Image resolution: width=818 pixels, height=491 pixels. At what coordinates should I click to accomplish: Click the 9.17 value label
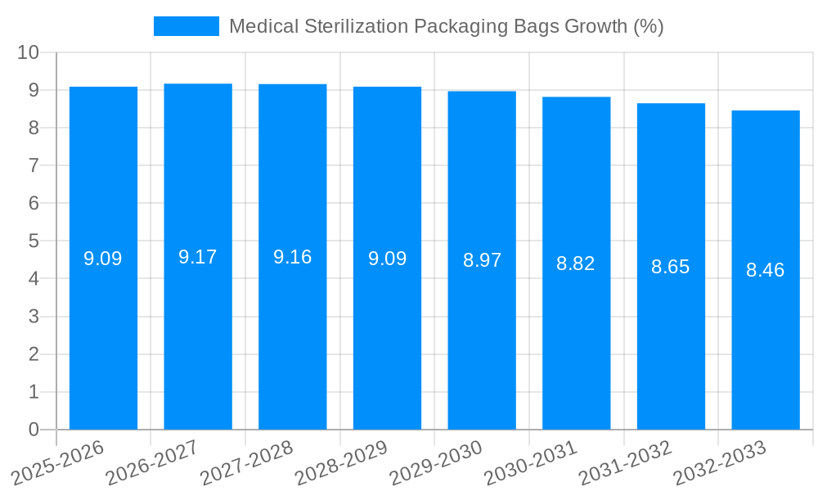(x=198, y=257)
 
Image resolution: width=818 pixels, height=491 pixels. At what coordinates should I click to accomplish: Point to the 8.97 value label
(x=482, y=261)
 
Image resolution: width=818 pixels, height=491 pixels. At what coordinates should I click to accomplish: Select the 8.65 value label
(x=671, y=267)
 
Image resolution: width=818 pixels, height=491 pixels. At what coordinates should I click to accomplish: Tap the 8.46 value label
(x=766, y=270)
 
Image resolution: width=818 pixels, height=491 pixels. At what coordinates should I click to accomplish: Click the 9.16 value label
(x=293, y=257)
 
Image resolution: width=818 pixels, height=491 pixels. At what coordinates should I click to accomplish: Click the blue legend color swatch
(x=187, y=26)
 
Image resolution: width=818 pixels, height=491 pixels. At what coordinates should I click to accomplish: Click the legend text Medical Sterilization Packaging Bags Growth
(x=446, y=26)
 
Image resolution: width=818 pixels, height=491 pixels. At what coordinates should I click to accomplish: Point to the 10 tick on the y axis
(x=29, y=52)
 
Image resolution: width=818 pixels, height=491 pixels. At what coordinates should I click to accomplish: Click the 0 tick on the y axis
(x=34, y=430)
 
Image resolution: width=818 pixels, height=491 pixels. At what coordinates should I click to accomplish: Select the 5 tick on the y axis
(x=34, y=241)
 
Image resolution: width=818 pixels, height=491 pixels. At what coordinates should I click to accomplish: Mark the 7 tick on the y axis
(x=34, y=165)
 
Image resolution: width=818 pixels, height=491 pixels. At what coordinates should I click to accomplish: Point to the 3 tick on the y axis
(x=34, y=317)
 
